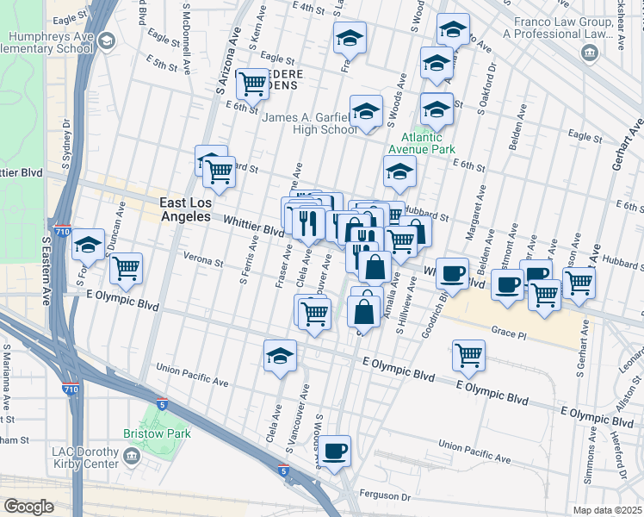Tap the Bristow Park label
156,433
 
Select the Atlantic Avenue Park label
420,142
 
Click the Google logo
28,507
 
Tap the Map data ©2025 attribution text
606,510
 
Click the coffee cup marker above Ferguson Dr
336,450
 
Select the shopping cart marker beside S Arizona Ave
252,84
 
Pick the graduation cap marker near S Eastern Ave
88,245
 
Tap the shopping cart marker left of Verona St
127,267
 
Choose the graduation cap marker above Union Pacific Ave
280,355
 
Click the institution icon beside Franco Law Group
590,53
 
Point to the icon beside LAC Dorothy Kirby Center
132,455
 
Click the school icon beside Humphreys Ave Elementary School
106,40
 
